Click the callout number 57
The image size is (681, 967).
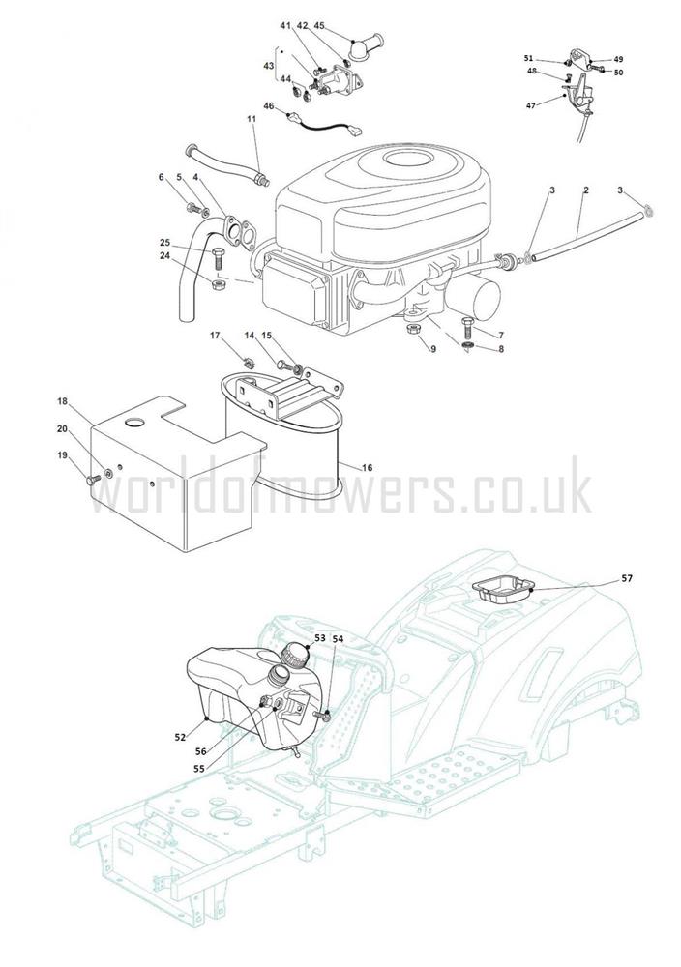click(x=626, y=578)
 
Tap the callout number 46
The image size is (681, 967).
click(x=268, y=106)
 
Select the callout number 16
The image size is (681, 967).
click(x=367, y=468)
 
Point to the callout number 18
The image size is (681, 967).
click(x=62, y=401)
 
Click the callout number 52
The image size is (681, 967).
click(x=180, y=736)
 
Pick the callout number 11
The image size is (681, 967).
click(x=252, y=118)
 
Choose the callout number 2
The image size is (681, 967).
click(x=586, y=190)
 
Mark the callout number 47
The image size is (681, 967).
click(x=530, y=105)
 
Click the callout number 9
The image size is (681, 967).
click(x=433, y=349)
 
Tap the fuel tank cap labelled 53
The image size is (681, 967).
click(x=295, y=655)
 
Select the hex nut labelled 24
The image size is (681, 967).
click(x=217, y=285)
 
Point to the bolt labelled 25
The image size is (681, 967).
click(x=217, y=259)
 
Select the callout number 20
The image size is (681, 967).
click(x=62, y=428)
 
